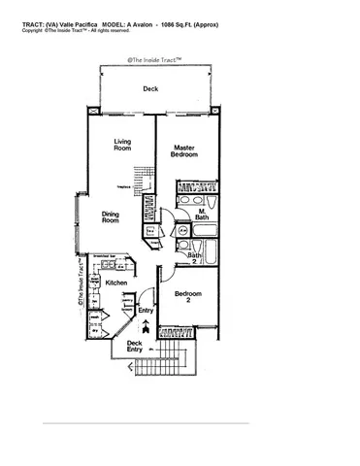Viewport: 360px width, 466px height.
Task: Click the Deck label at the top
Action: click(x=149, y=89)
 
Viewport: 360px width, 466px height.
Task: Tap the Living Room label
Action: click(x=122, y=144)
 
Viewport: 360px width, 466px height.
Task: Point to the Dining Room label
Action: click(x=111, y=217)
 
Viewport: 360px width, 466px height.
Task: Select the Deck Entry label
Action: click(x=134, y=345)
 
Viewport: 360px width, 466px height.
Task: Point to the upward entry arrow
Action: click(x=146, y=325)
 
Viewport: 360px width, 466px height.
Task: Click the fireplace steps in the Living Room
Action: click(x=143, y=180)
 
